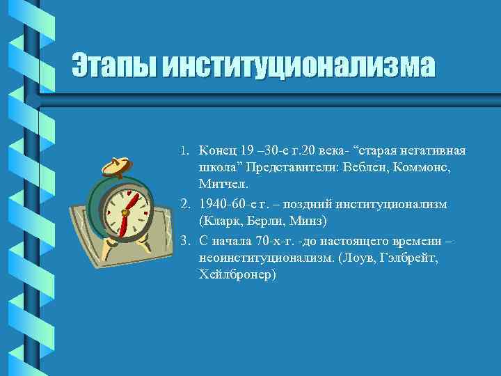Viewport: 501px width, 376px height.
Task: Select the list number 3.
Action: coord(184,241)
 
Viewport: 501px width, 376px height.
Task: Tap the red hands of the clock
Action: coord(126,212)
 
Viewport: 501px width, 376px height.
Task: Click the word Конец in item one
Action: coord(216,151)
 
